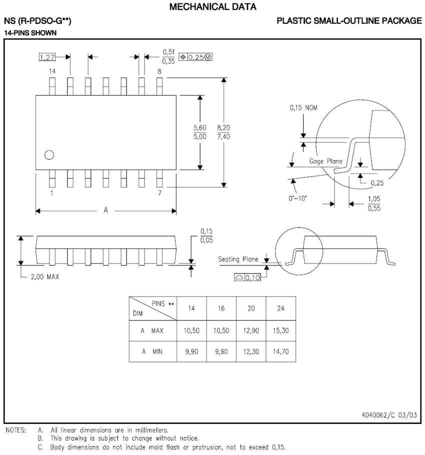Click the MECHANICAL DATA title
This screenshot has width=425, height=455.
[x=213, y=7]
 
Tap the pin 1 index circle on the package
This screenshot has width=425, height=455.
[x=49, y=155]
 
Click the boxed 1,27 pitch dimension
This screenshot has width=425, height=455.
[x=47, y=57]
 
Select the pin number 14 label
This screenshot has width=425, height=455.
[x=52, y=72]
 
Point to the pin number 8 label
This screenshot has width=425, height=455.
[x=159, y=72]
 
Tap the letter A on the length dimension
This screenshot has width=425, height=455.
[x=105, y=210]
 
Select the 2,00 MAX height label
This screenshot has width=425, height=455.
[x=44, y=277]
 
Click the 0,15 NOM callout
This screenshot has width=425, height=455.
[x=303, y=107]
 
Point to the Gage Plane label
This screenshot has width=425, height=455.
[x=325, y=161]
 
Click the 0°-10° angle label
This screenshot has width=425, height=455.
[x=298, y=198]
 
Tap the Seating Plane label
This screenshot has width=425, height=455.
[x=238, y=259]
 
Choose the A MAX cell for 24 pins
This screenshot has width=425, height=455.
[x=280, y=330]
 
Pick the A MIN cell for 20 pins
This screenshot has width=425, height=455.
[x=251, y=351]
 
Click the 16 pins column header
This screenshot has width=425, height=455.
[x=221, y=308]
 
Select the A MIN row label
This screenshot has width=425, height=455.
[x=152, y=351]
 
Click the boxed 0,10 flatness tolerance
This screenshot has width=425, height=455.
[x=247, y=277]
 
